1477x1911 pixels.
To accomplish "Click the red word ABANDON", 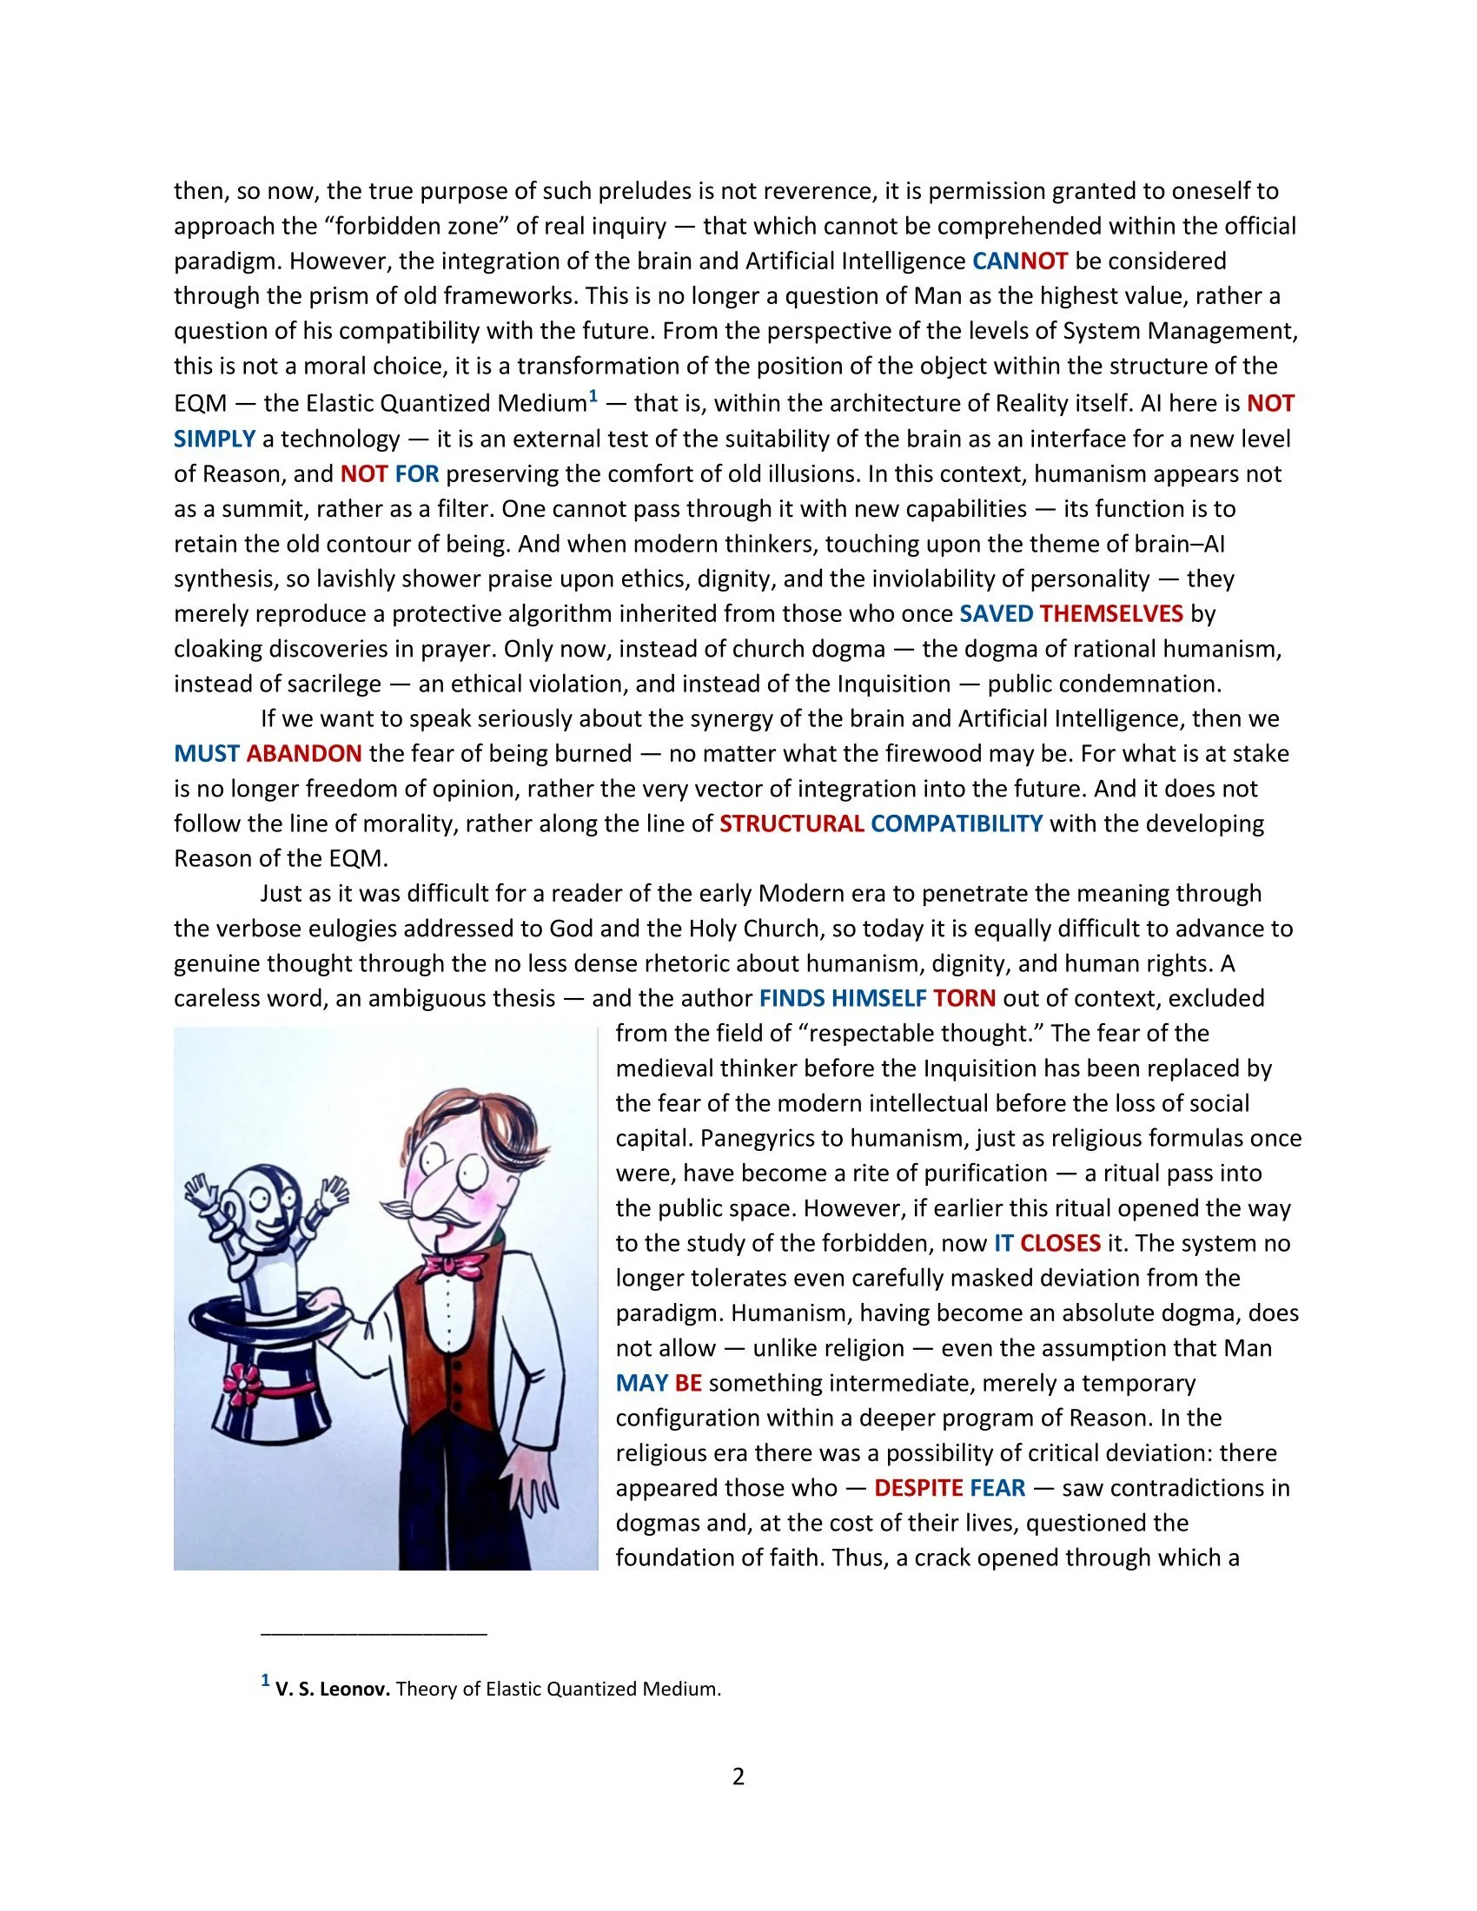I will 303,753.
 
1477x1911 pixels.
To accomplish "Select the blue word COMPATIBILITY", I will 957,823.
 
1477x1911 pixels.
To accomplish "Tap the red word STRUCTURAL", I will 791,823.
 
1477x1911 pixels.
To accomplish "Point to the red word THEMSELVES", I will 1111,613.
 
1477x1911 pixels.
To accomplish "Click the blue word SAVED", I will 997,613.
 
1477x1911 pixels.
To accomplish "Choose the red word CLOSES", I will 1061,1243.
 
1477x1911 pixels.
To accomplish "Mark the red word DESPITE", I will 918,1488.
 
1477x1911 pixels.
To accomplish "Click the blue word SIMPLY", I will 215,439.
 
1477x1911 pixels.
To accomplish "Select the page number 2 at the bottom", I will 738,1777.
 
